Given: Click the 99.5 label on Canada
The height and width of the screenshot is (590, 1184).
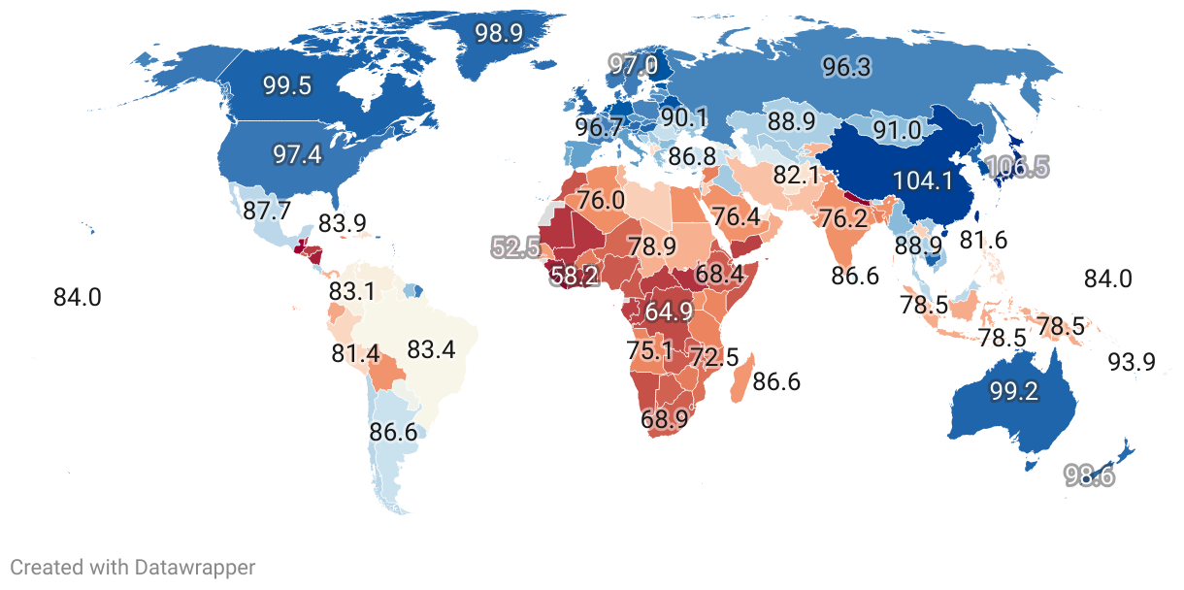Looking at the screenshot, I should [286, 85].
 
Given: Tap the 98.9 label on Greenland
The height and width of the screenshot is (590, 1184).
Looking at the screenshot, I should [499, 33].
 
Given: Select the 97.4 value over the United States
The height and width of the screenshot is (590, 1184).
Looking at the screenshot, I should [298, 154].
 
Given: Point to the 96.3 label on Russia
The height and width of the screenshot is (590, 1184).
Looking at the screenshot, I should [846, 67].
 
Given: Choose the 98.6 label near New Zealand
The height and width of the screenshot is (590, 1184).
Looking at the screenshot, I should [1090, 475].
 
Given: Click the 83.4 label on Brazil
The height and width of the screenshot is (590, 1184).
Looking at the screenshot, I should [431, 349].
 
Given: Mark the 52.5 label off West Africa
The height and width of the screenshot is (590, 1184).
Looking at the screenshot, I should [515, 247].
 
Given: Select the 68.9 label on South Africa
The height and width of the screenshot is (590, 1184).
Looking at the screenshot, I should [665, 420].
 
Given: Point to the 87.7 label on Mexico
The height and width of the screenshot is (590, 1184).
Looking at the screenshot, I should [266, 211].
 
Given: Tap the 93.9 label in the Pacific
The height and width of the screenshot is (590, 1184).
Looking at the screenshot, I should [1132, 363].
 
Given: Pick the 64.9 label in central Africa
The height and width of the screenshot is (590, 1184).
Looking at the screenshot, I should [669, 311].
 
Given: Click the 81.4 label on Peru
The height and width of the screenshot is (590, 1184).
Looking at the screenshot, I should [355, 354].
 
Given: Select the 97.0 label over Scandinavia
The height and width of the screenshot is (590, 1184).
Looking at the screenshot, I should [633, 66].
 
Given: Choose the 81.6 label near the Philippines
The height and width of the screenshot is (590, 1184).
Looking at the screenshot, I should [983, 240].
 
